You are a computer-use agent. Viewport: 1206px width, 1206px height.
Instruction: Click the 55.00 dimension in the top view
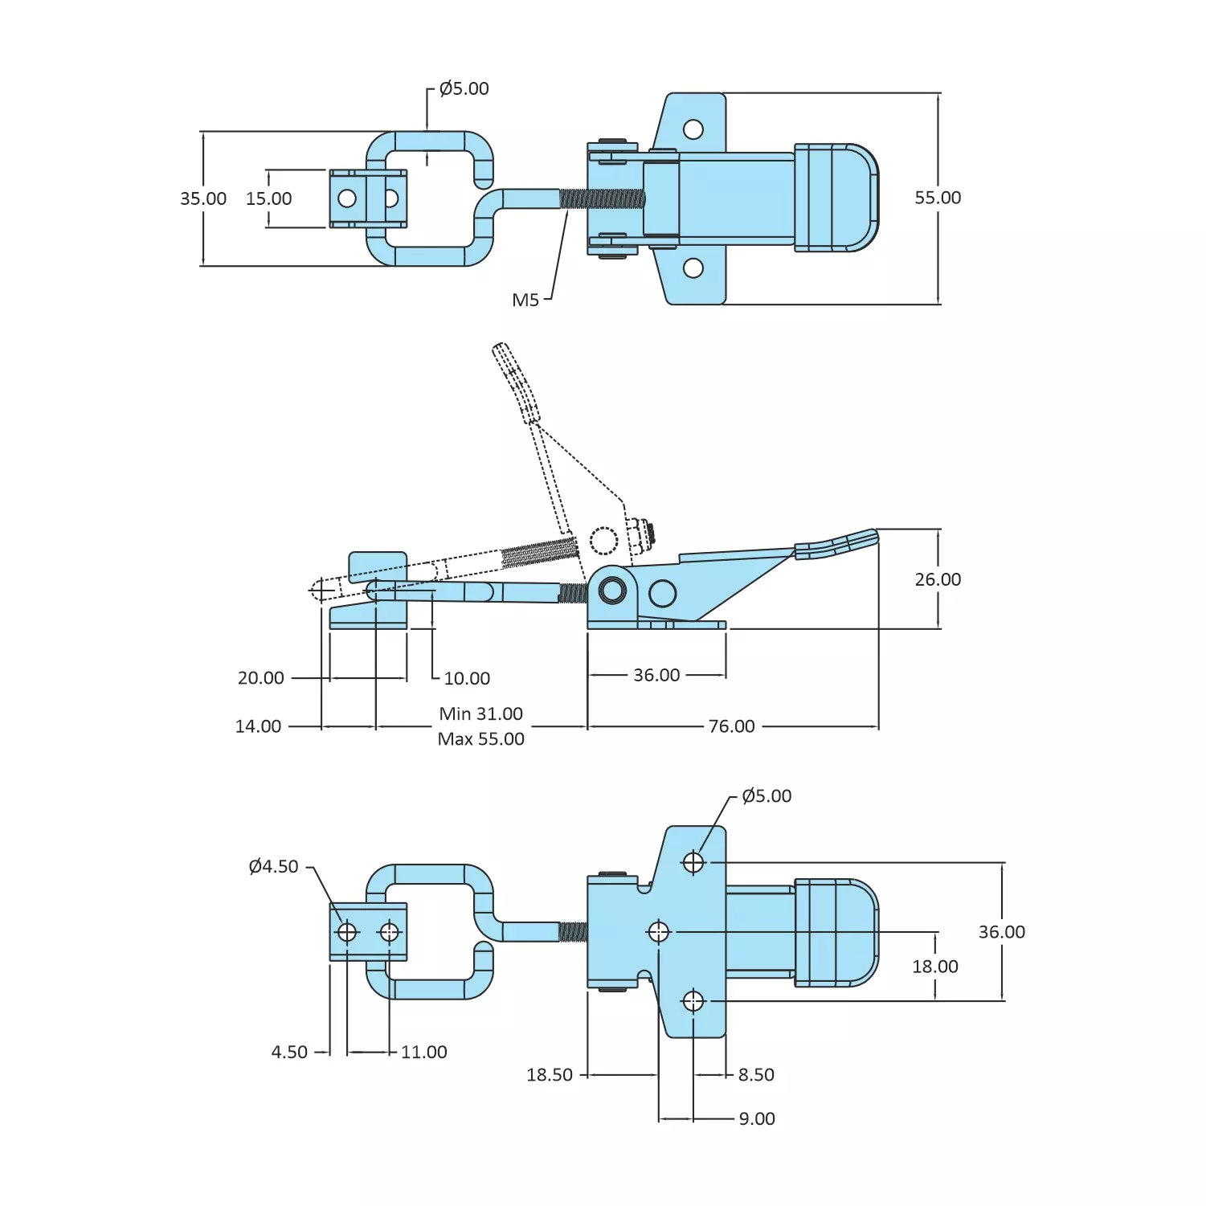tap(937, 198)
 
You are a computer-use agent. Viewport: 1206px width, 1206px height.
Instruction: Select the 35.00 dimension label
tap(203, 198)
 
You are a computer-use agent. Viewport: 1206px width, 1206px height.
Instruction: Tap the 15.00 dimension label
tap(268, 198)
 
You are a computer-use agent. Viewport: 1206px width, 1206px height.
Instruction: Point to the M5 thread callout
tap(525, 300)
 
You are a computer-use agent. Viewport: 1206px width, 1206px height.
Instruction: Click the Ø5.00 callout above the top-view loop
tap(464, 88)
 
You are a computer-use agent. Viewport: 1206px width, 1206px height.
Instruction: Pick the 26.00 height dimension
tap(937, 579)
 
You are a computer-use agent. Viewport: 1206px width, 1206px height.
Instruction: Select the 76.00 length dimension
tap(731, 726)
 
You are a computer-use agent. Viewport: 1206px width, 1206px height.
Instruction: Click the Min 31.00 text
tap(480, 713)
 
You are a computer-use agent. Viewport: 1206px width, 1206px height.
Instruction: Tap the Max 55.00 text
tap(480, 739)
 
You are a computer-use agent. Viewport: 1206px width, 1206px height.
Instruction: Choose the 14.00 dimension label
tap(258, 726)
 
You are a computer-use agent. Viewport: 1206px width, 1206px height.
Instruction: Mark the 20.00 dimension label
tap(260, 678)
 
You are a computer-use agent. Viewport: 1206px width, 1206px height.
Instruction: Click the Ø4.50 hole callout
tap(273, 866)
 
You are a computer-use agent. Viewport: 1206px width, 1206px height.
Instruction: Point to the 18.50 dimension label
tap(549, 1075)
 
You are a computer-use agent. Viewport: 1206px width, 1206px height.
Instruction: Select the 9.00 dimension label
tap(757, 1118)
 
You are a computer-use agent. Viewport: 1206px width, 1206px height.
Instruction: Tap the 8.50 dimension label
tap(756, 1075)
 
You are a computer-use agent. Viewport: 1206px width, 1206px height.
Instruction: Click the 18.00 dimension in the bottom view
tap(934, 967)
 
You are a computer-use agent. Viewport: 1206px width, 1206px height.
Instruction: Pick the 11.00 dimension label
tap(423, 1052)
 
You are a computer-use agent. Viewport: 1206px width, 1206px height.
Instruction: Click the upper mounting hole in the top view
tap(693, 129)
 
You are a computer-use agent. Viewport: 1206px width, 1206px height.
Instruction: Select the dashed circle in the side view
tap(603, 541)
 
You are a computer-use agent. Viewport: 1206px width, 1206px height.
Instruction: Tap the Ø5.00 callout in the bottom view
tap(767, 796)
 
